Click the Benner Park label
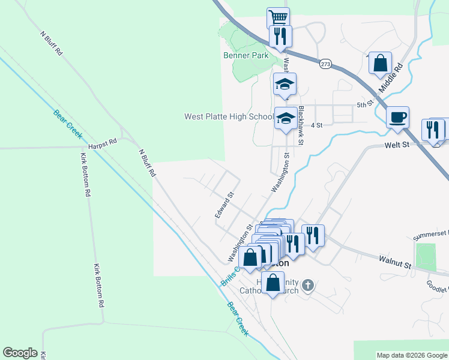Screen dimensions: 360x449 [246, 55]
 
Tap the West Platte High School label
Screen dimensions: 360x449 [229, 116]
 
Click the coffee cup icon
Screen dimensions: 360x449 [397, 116]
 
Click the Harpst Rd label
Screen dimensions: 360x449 [102, 142]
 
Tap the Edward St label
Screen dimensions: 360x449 [224, 205]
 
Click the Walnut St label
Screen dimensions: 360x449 [394, 262]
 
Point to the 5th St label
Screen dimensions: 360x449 [365, 104]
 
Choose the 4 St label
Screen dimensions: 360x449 [317, 125]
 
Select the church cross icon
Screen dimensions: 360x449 [307, 284]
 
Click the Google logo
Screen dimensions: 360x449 [20, 353]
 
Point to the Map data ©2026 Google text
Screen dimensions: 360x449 [411, 355]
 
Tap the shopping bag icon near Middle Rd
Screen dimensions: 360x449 [380, 62]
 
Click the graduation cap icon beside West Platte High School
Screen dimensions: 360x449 [286, 118]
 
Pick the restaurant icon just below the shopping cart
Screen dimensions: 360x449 [280, 36]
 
